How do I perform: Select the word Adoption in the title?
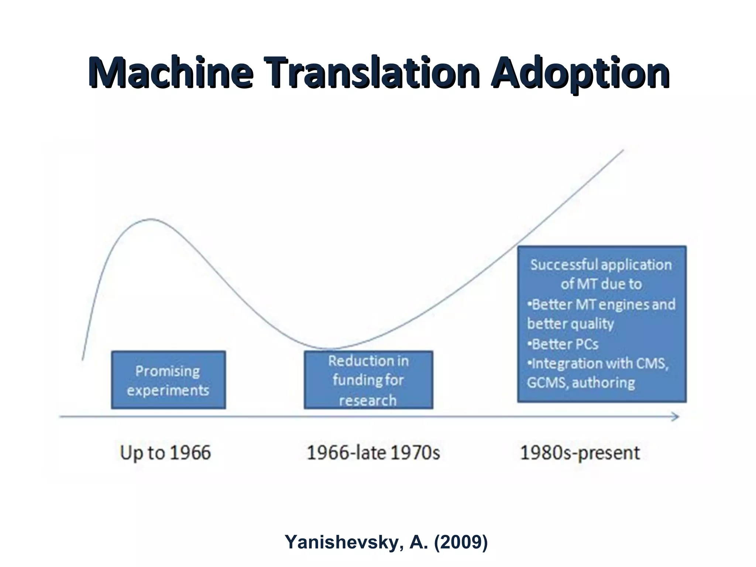580,73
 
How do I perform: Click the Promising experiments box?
168,380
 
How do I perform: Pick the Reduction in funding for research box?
368,380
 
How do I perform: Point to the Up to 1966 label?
165,453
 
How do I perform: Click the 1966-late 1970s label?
373,453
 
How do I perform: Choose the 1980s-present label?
580,453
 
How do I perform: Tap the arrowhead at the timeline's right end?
675,417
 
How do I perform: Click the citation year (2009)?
461,542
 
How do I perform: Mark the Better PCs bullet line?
563,344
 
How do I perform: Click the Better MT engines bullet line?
601,305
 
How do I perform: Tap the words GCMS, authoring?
581,383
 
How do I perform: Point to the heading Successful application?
601,265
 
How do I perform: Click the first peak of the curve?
151,219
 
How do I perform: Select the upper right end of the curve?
623,150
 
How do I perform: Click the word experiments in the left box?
168,390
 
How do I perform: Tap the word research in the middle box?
368,400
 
